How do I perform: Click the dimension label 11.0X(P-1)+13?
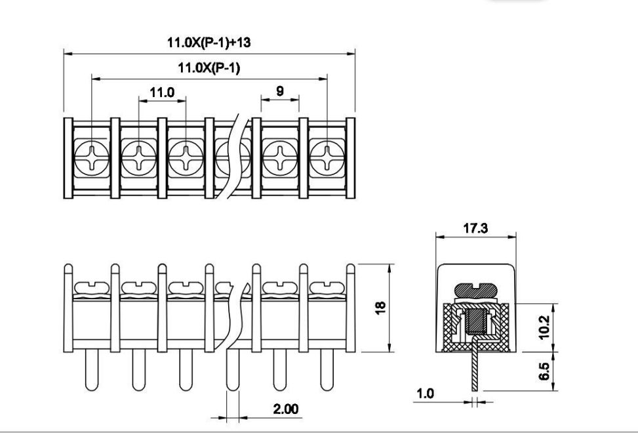coord(209,43)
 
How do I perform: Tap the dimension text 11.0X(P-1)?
coord(209,68)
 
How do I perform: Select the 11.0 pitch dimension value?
coord(162,93)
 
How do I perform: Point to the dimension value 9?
coord(280,91)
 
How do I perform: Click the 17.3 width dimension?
coord(475,228)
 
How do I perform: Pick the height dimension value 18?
coord(380,308)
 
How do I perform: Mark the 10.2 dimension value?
coord(544,327)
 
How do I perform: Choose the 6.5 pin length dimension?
coord(544,371)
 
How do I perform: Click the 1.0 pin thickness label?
coord(425,394)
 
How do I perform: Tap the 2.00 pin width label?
coord(286,409)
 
